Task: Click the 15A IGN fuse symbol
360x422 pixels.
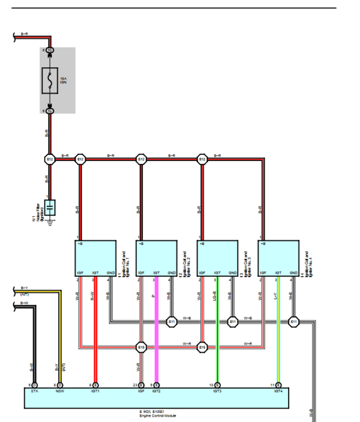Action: point(50,80)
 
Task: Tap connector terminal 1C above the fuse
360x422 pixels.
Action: point(50,50)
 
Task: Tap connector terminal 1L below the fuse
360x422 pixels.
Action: point(50,111)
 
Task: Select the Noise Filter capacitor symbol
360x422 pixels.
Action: point(50,208)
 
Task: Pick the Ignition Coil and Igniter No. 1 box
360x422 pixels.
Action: point(95,258)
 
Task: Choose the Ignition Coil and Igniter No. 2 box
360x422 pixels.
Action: point(156,258)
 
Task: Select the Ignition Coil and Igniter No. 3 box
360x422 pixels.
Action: point(217,258)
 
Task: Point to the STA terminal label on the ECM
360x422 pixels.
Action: point(34,391)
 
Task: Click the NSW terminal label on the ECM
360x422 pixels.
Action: point(59,391)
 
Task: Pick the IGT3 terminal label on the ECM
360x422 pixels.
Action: point(217,391)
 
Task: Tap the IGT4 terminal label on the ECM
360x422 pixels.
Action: point(278,391)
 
